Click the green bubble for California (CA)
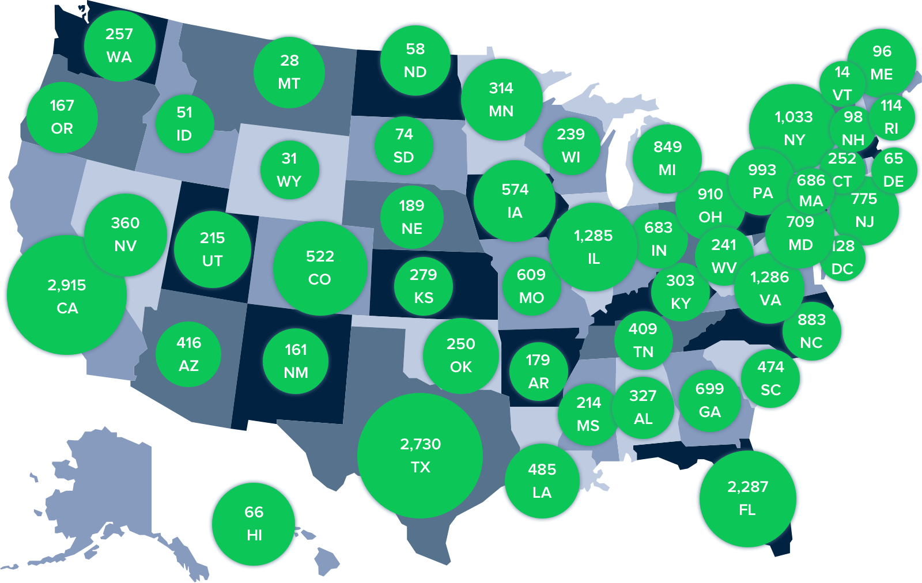pos(66,296)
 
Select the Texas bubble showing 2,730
pos(420,455)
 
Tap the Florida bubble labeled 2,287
pos(747,498)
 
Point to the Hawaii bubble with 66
pos(254,523)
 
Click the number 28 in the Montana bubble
pos(289,60)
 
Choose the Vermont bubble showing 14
pos(842,83)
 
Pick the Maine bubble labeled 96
pos(882,62)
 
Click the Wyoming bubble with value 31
pos(289,169)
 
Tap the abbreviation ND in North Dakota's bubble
pos(415,72)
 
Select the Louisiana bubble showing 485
pos(542,480)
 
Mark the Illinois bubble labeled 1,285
pos(594,247)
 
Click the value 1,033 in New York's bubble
pos(793,117)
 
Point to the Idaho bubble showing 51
pos(184,123)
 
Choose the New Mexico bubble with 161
pos(296,361)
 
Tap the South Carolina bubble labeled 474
pos(770,378)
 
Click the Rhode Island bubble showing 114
pos(891,116)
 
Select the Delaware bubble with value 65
pos(893,169)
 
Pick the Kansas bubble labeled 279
pos(424,286)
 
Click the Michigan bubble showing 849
pos(667,158)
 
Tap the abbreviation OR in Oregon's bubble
pos(62,128)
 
